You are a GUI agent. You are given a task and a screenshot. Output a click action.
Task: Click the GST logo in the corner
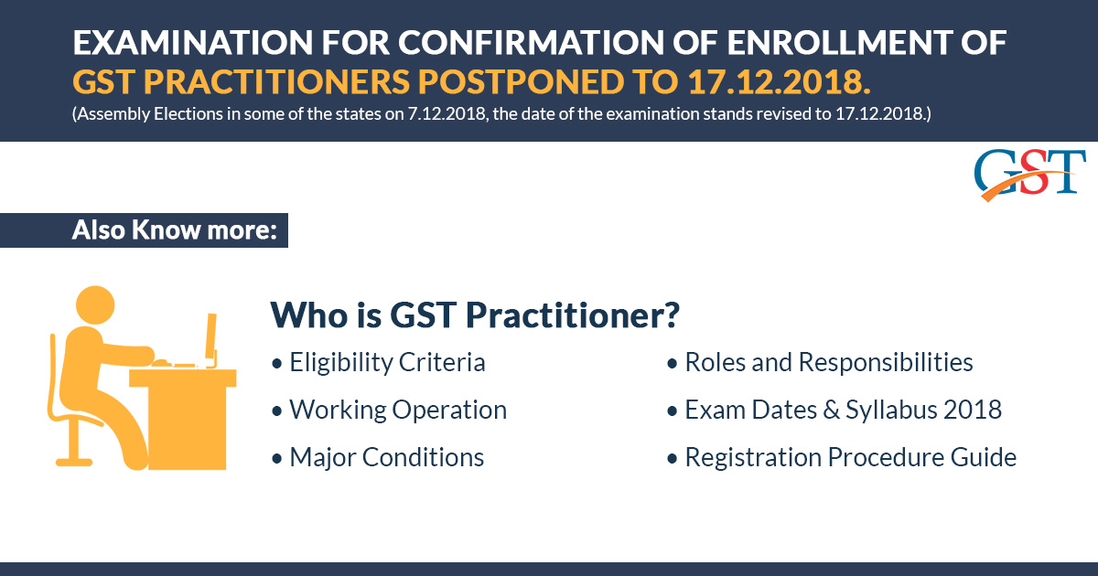point(1029,176)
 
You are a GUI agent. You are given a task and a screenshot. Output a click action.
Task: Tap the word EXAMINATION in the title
point(193,43)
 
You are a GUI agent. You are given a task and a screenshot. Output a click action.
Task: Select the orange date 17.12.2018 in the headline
point(780,81)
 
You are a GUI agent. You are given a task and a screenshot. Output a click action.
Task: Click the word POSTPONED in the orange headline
point(521,81)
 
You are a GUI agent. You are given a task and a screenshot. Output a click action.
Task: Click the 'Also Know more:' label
point(175,229)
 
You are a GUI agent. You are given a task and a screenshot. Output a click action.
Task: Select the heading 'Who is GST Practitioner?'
point(475,315)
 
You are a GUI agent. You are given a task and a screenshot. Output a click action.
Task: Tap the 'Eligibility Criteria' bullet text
point(387,363)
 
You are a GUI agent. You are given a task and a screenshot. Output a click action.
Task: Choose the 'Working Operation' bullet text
point(398,410)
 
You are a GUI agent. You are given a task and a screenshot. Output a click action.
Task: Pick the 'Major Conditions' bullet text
point(387,457)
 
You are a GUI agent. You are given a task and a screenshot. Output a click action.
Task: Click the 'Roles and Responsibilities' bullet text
point(829,363)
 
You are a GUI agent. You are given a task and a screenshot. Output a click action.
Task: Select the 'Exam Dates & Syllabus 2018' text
point(843,410)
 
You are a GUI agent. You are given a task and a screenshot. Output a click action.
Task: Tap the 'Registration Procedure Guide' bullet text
point(850,457)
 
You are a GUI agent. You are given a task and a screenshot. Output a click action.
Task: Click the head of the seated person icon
point(95,305)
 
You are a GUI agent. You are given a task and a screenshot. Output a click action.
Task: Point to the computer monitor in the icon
point(211,340)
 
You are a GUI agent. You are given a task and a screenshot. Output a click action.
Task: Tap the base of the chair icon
point(74,462)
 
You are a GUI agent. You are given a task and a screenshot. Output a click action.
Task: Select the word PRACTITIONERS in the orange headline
point(276,81)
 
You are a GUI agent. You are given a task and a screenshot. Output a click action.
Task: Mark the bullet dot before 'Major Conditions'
point(277,459)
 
